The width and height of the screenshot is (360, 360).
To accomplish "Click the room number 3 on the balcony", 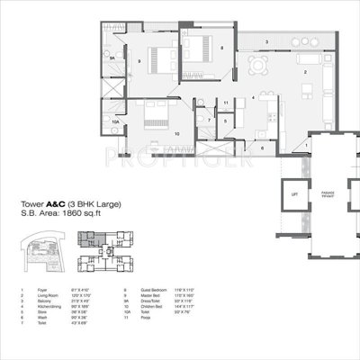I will (x=265, y=41).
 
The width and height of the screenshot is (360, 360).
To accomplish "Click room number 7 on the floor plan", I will (x=208, y=119).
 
